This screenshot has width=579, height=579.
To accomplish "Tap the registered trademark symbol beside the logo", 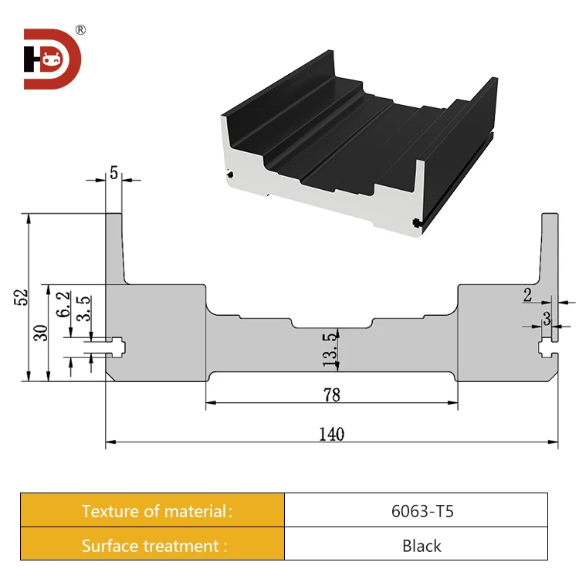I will point(80,30).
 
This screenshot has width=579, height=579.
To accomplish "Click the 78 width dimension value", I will point(331,394).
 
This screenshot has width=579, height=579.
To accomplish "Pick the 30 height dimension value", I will point(42,333).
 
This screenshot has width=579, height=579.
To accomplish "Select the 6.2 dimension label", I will point(64,306).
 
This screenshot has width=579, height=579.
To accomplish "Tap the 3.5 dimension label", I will point(84,309).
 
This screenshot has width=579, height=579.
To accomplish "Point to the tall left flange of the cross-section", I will point(113,247).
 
